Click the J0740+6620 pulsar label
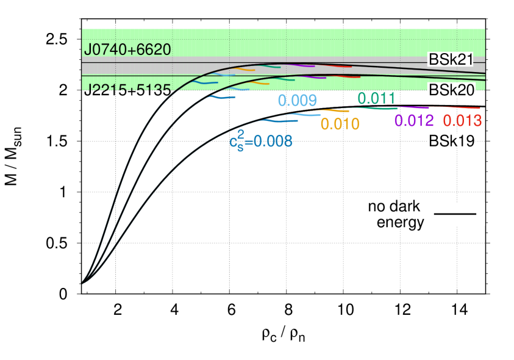[127, 49]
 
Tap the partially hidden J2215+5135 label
[127, 88]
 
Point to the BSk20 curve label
[452, 90]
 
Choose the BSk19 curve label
[452, 141]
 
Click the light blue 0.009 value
[297, 101]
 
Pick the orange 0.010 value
[340, 124]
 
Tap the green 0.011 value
[376, 98]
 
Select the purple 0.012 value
[414, 121]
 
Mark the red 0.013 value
[462, 121]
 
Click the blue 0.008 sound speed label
[261, 142]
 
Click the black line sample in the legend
[455, 214]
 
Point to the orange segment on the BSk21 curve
[246, 69]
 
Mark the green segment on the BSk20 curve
[282, 78]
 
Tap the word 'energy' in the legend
[400, 221]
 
